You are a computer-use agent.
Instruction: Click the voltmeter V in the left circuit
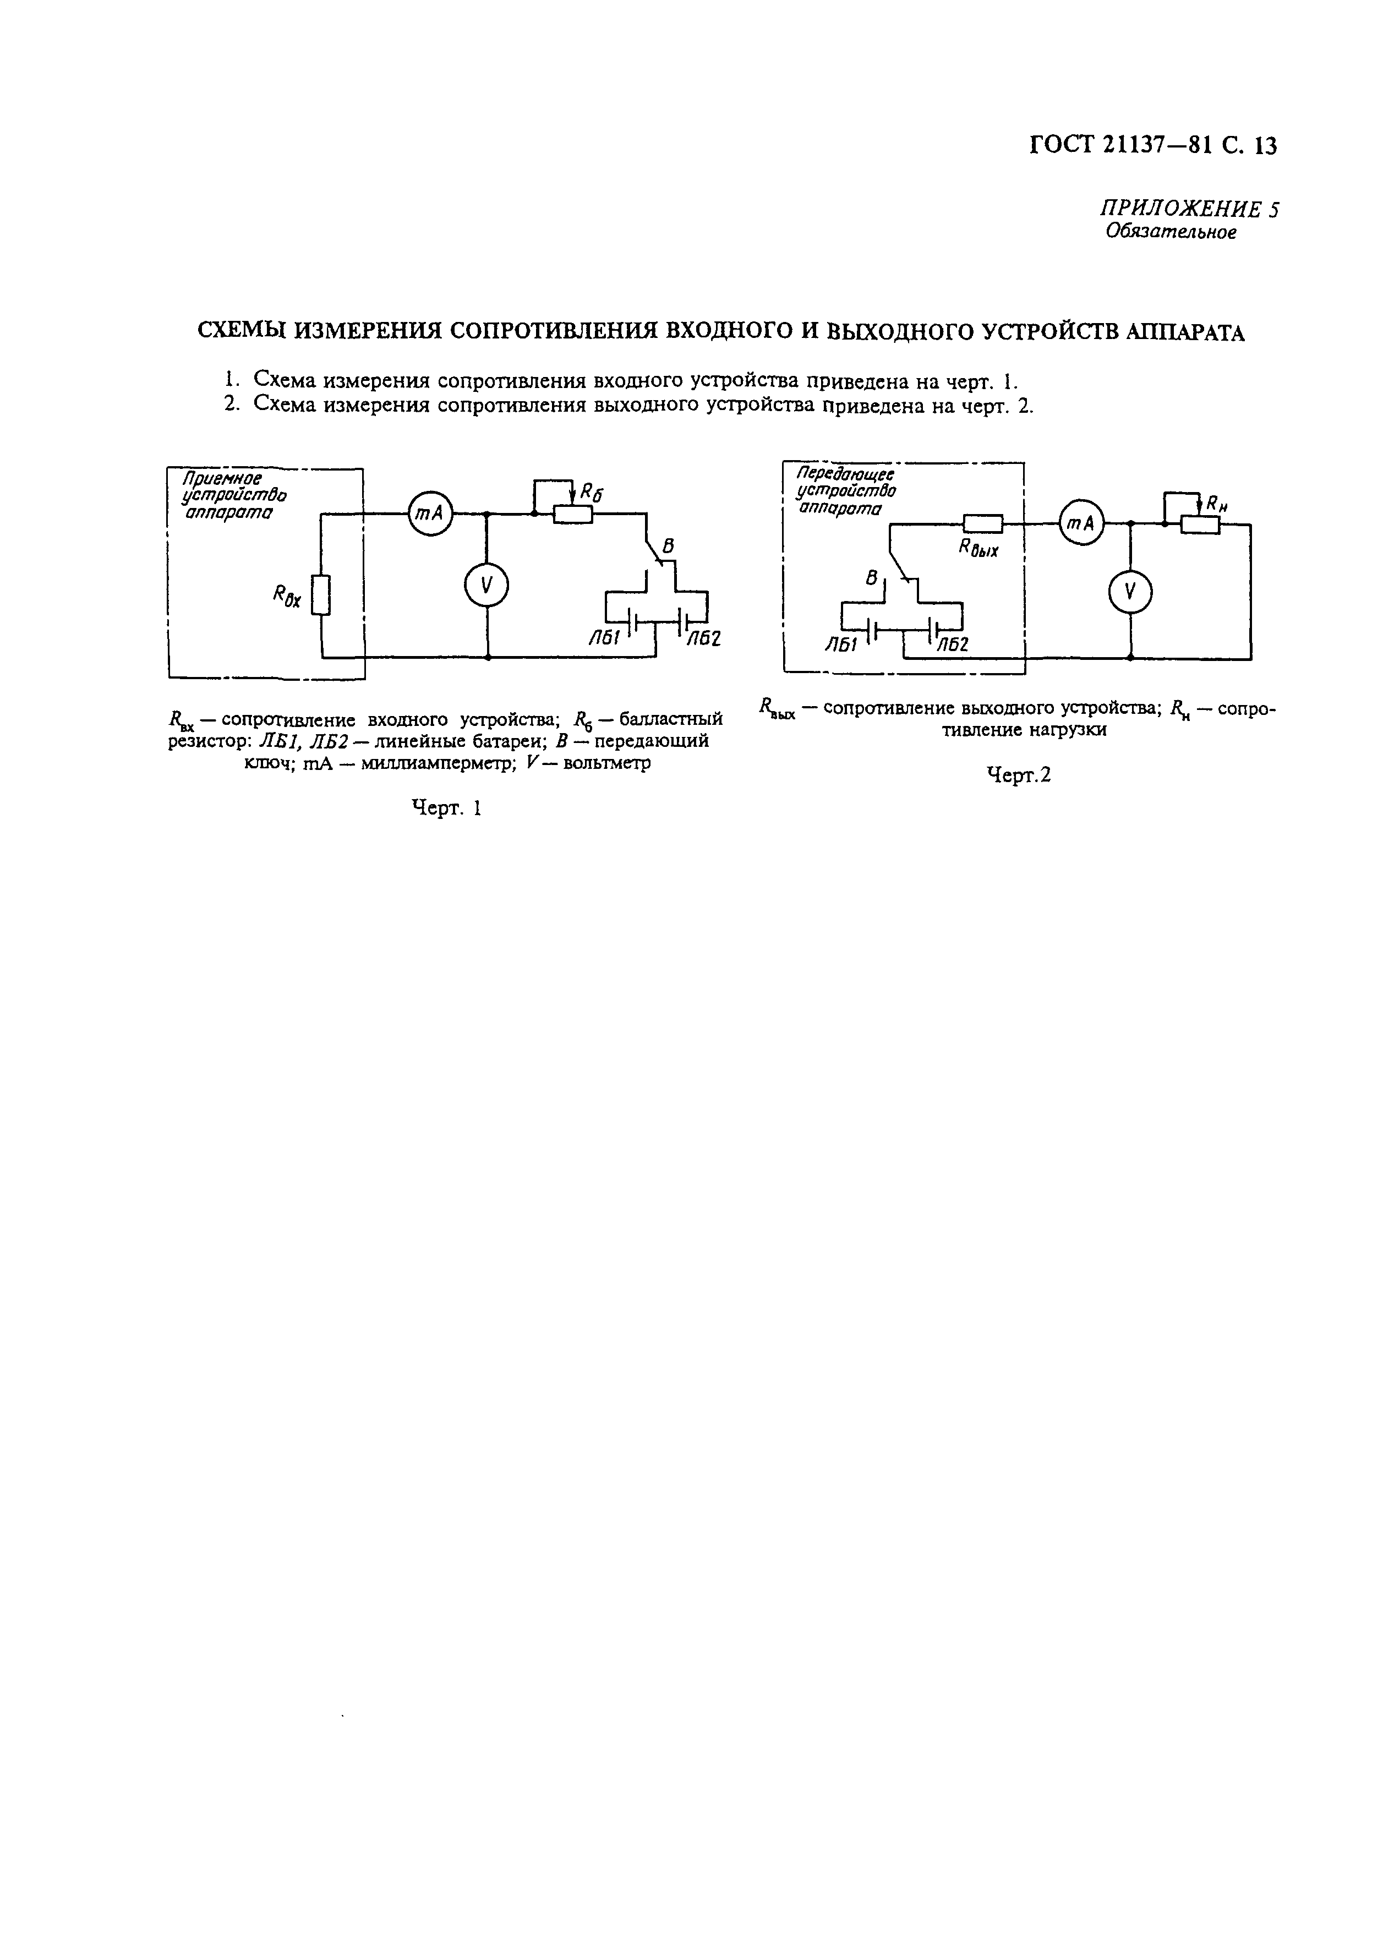[x=486, y=586]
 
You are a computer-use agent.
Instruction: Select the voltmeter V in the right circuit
[x=1129, y=591]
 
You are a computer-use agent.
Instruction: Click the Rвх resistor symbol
[x=321, y=595]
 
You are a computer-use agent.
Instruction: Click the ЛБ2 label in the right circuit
[x=952, y=645]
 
